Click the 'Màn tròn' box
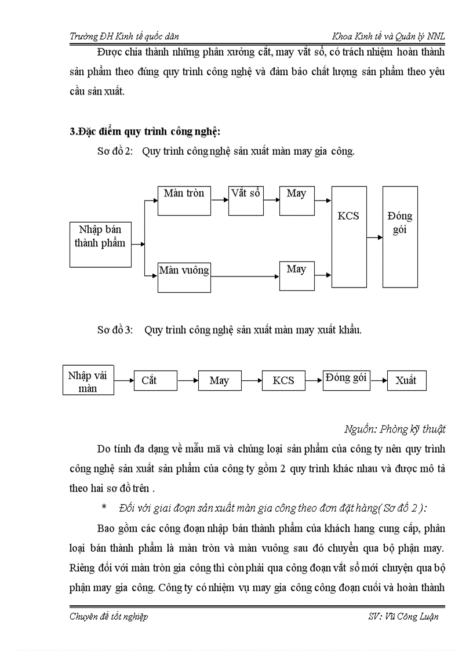pos(184,201)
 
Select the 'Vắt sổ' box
pos(246,201)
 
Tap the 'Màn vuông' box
pos(184,277)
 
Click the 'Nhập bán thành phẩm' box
pos(100,243)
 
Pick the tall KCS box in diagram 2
pos(348,237)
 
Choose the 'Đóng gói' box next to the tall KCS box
pos(400,237)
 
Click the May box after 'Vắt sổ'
pos(296,201)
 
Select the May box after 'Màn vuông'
pos(296,277)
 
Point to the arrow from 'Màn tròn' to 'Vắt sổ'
pos(220,201)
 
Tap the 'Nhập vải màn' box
pos(88,381)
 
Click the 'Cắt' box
pos(155,381)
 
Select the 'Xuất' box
pos(406,380)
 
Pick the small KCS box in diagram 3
pos(283,381)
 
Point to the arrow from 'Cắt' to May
pos(188,381)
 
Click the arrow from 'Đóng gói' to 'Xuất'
pos(379,380)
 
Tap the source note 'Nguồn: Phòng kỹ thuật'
pos(395,429)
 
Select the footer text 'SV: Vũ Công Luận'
pos(403,616)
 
